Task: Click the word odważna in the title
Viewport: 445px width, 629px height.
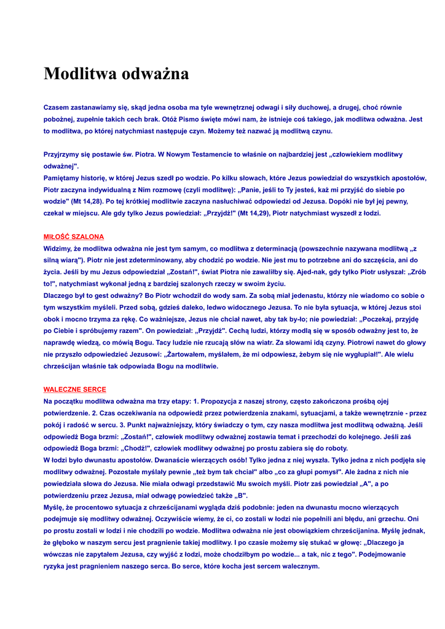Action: [x=156, y=74]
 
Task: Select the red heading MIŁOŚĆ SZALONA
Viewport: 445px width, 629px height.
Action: [x=74, y=236]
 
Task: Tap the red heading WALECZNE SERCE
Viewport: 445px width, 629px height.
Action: [x=74, y=389]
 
